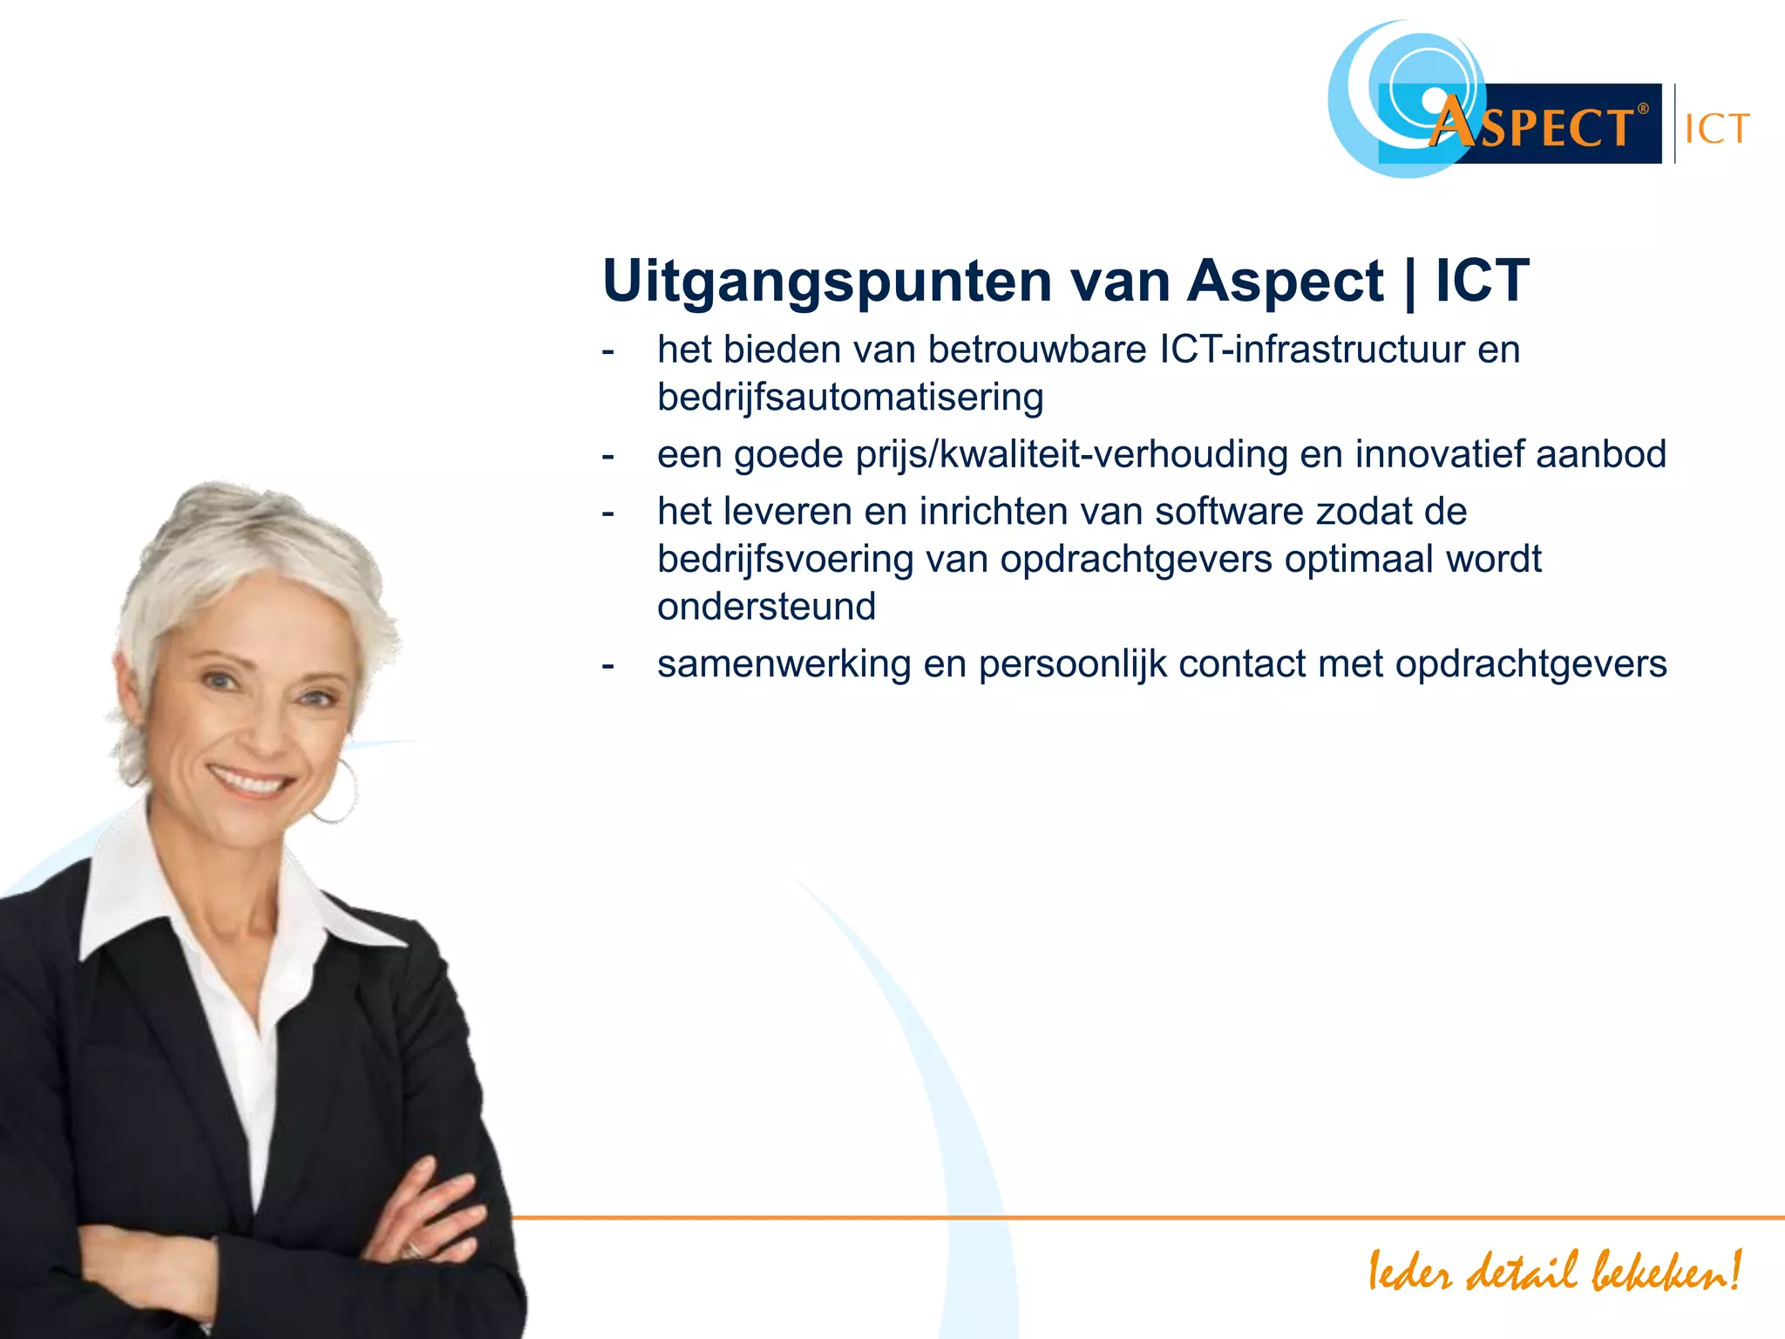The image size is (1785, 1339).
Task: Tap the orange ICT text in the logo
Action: click(1716, 130)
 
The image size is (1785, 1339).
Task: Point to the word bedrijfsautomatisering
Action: click(850, 398)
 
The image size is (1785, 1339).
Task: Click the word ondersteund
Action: click(766, 607)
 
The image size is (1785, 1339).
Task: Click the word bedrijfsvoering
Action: click(785, 560)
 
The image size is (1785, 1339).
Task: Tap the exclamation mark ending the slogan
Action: click(1734, 1269)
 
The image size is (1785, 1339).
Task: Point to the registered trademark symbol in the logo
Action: click(1643, 109)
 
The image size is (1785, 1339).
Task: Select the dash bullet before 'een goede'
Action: click(607, 456)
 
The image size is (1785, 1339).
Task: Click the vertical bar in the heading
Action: click(1409, 282)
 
